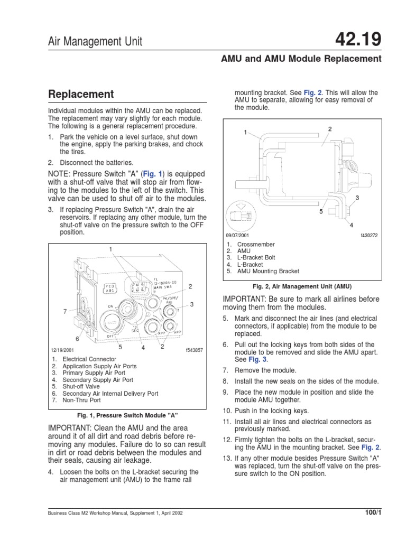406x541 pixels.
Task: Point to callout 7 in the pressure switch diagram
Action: click(x=65, y=311)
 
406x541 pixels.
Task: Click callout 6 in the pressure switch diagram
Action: click(x=77, y=338)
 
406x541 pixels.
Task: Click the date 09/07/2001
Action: click(x=238, y=235)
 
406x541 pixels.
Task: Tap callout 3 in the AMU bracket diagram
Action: click(x=357, y=198)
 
